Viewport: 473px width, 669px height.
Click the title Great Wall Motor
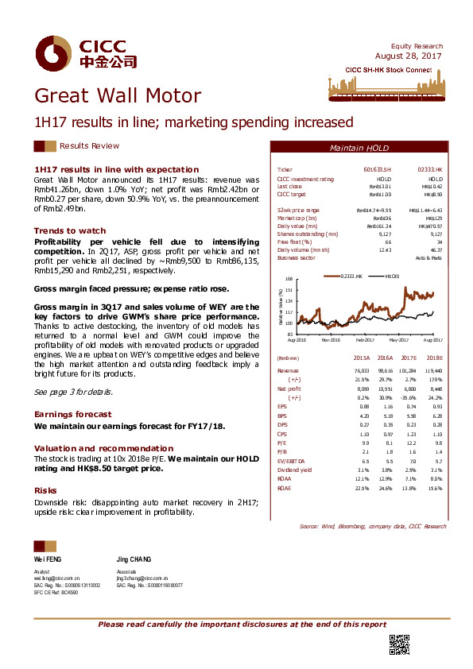pos(118,97)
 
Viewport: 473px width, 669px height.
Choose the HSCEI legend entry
pos(390,276)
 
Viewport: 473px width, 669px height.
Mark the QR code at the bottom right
pos(398,644)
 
